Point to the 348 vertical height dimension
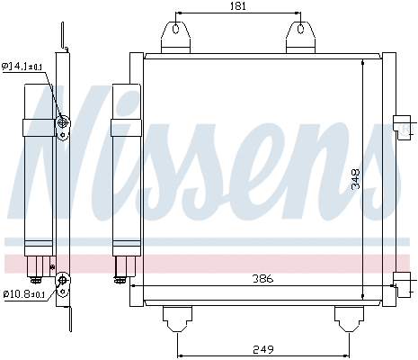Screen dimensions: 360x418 (x=356, y=180)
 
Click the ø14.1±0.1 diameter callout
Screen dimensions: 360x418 (x=27, y=65)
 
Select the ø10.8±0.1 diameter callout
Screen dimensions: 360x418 (x=27, y=293)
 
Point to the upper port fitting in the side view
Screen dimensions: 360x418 (x=63, y=123)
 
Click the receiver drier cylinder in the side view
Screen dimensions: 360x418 (x=39, y=162)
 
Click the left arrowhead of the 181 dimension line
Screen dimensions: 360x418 (x=178, y=14)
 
